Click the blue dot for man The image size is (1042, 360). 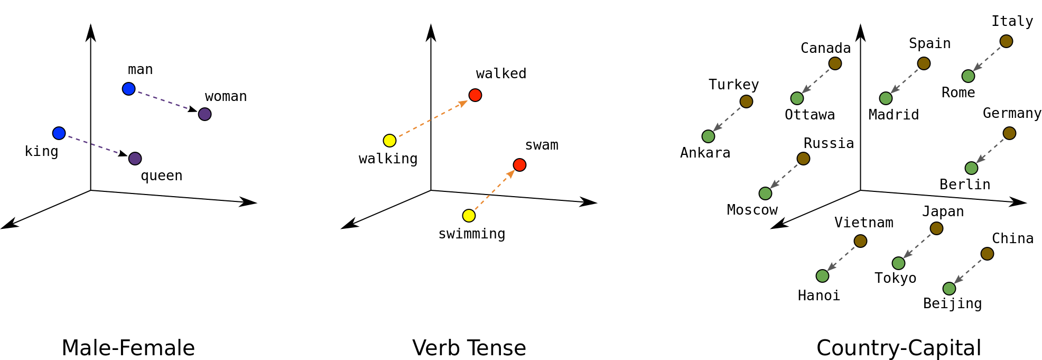[128, 89]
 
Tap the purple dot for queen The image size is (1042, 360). [135, 159]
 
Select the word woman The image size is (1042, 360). [226, 97]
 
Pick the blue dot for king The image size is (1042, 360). [59, 133]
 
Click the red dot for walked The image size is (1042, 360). [475, 95]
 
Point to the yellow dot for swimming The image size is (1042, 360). [469, 216]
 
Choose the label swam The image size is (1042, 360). [542, 145]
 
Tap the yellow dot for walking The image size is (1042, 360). [389, 141]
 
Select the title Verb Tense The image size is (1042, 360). [469, 348]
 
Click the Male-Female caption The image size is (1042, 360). [128, 348]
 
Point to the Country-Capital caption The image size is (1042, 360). [899, 348]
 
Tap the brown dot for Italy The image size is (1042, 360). [1006, 41]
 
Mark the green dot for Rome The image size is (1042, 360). [968, 76]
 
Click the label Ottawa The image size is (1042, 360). [810, 115]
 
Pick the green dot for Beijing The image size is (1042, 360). [949, 289]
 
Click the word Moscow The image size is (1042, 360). [752, 210]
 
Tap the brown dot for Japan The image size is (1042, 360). [936, 228]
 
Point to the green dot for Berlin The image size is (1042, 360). [971, 168]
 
